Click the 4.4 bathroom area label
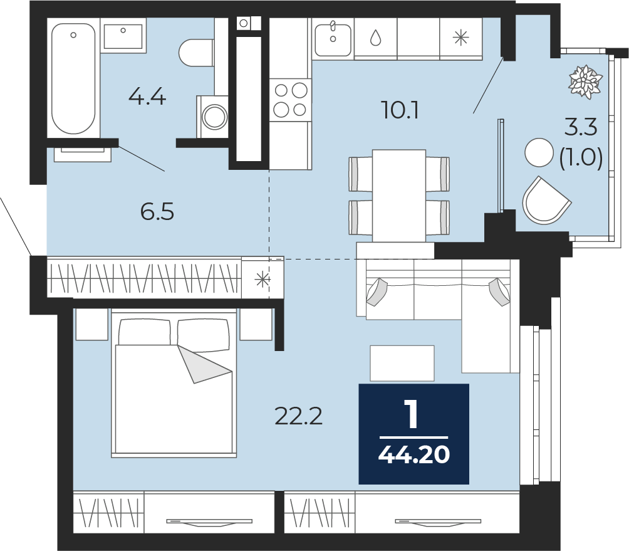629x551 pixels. coord(147,97)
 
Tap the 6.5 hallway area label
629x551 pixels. coord(157,212)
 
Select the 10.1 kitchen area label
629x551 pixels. coord(400,110)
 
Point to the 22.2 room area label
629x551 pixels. coord(299,415)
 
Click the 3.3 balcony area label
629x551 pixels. coord(581,127)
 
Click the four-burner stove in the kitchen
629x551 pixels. coord(290,99)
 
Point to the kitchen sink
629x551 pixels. coord(333,38)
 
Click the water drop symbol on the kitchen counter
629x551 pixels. coord(375,38)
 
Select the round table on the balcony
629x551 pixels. coord(539,152)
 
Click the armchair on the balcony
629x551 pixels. coord(545,201)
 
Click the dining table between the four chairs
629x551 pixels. coord(399,196)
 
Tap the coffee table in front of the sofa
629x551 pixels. coord(402,363)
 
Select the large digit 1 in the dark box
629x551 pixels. coord(412,415)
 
